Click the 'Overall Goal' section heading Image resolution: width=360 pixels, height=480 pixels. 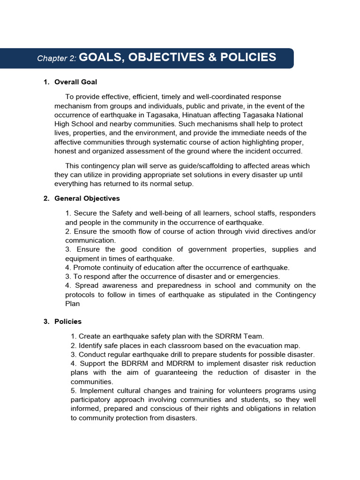click(75, 82)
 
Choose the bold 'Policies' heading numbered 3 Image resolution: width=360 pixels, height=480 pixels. click(67, 322)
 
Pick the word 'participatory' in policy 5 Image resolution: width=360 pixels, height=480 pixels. click(92, 400)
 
